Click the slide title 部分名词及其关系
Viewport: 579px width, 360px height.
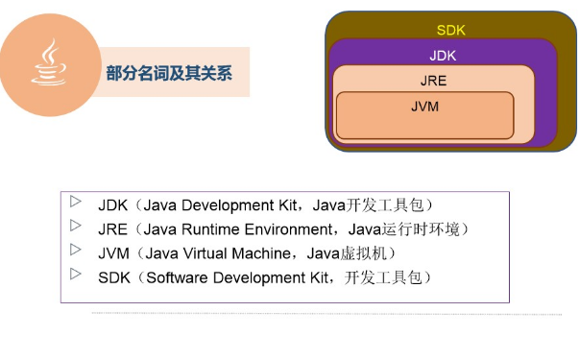click(170, 73)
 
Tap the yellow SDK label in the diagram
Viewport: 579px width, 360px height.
click(450, 31)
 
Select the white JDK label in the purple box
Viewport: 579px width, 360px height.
click(443, 56)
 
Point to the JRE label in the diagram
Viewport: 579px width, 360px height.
click(433, 82)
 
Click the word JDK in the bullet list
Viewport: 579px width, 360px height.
click(112, 204)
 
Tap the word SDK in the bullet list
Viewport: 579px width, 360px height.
click(113, 277)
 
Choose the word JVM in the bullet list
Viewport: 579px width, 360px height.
click(112, 253)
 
